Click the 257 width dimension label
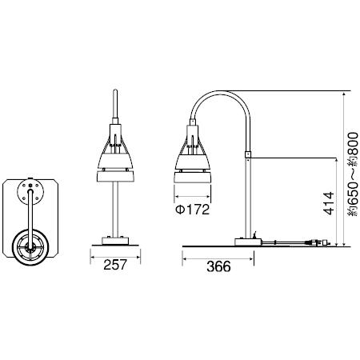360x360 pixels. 115,265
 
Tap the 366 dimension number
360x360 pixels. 218,266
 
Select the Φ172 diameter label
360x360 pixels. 192,210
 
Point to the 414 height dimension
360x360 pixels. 329,203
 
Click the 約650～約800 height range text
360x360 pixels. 353,174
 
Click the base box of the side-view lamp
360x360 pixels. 248,242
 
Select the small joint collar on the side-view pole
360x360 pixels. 248,154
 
